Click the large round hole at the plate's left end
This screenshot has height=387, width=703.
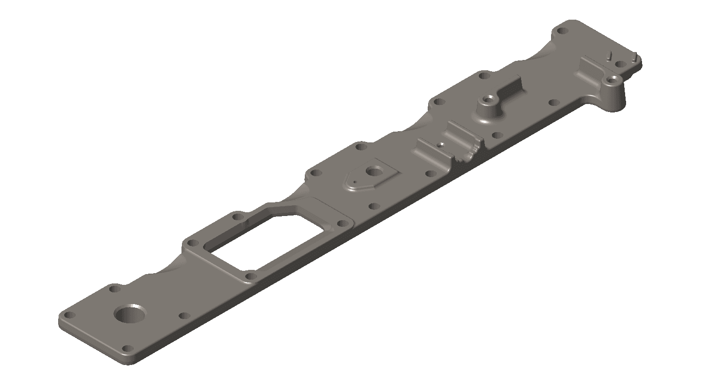pos(130,314)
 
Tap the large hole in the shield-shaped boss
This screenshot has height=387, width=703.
pos(374,171)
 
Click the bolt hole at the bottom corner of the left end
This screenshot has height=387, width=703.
pos(127,349)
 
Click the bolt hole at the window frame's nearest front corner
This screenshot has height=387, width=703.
pos(250,276)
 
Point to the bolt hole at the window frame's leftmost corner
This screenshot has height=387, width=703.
pos(191,243)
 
